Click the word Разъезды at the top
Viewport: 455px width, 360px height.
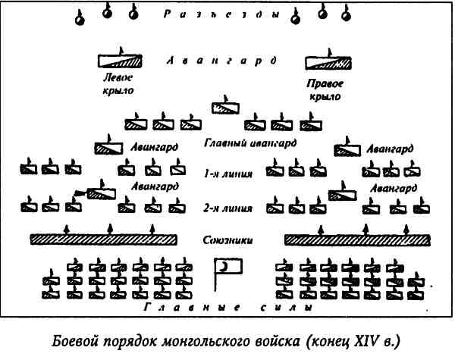tap(227, 13)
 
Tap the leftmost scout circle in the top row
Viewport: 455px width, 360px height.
tap(79, 17)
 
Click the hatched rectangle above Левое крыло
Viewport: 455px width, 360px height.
tap(121, 61)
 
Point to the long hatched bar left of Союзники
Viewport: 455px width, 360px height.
tap(103, 240)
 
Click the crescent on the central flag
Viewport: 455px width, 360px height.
tap(224, 267)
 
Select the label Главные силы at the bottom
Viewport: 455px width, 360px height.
tap(227, 308)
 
